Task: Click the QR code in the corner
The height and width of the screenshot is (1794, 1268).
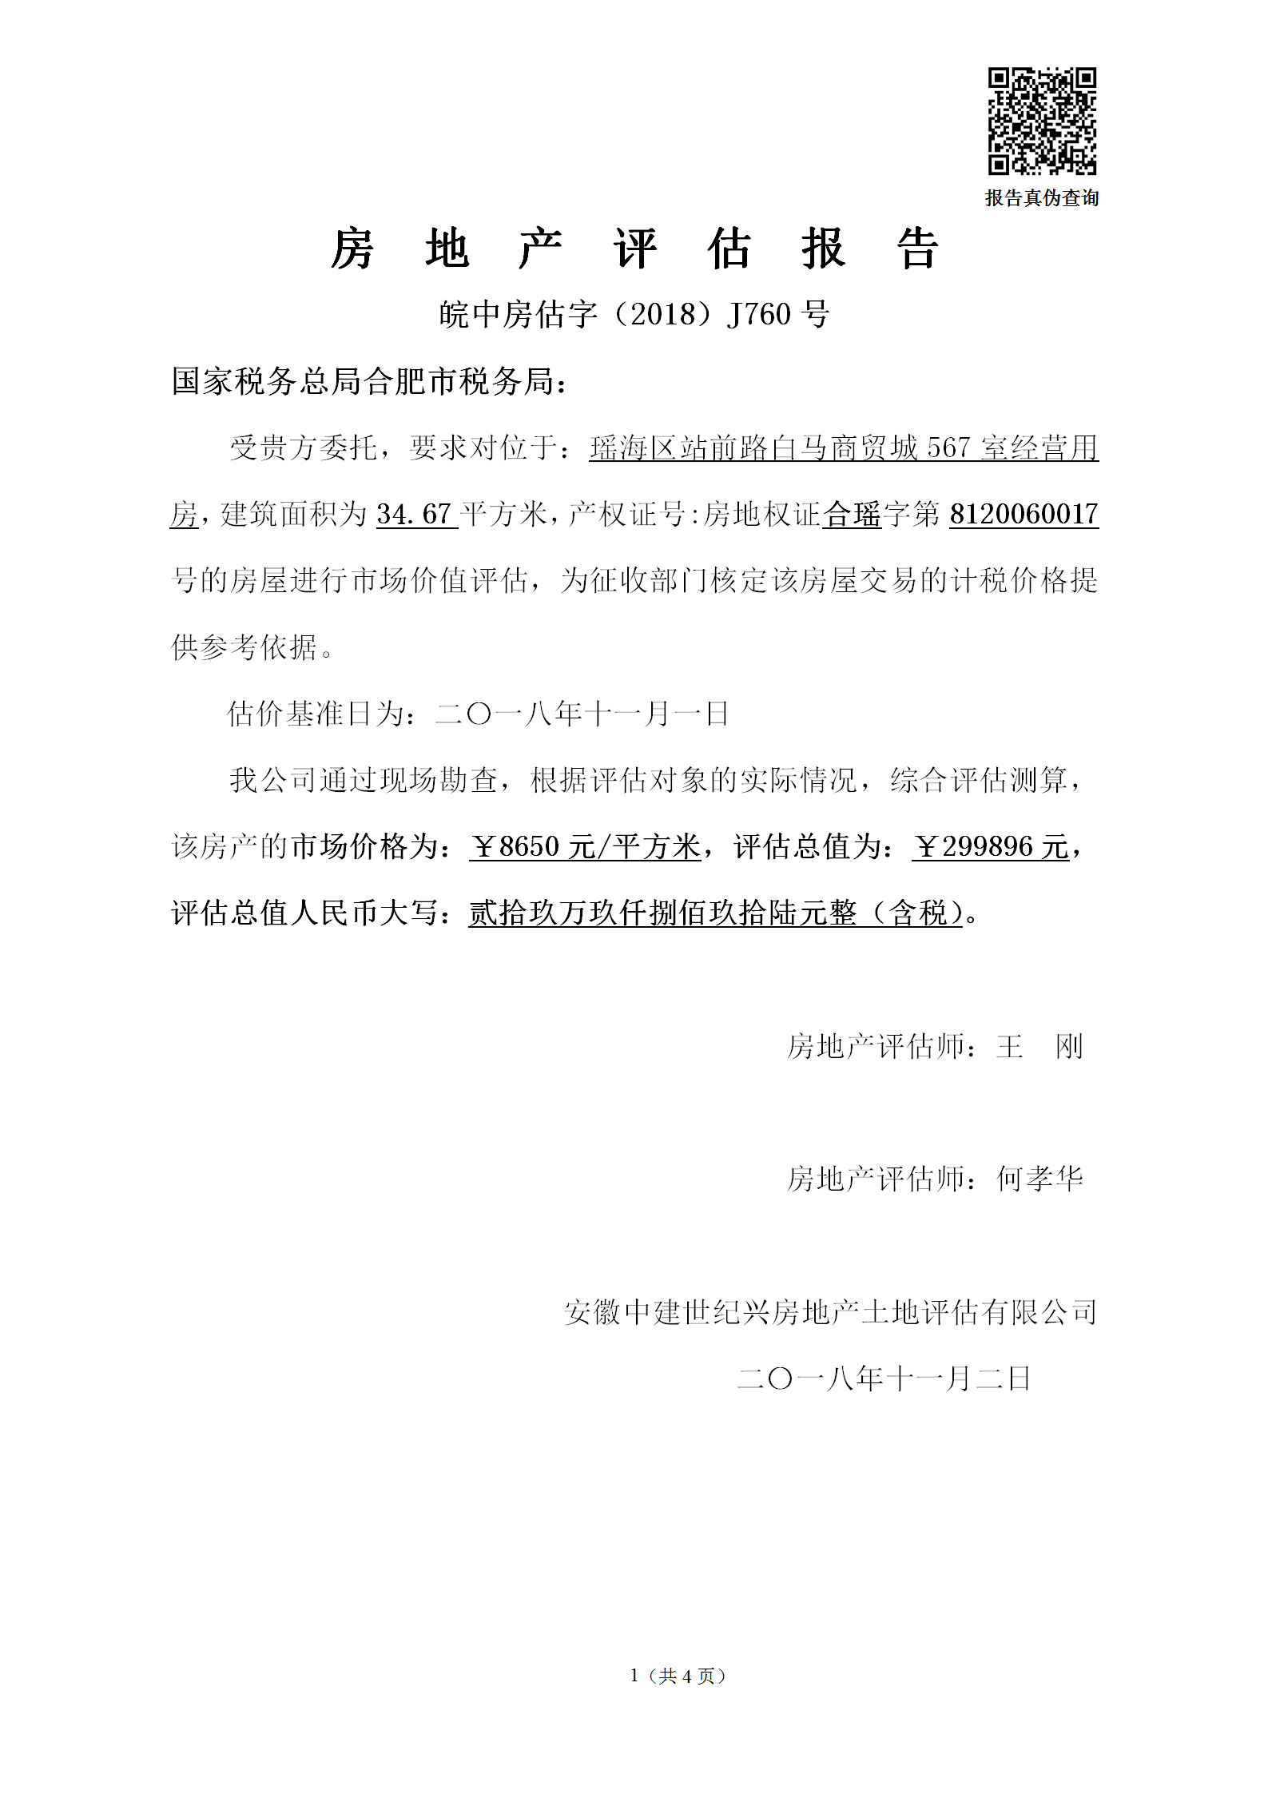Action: coord(1042,121)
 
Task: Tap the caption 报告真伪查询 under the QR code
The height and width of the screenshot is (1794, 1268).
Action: coord(1042,198)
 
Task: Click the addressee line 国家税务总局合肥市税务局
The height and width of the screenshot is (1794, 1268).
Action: coord(370,382)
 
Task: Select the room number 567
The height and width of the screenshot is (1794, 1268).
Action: coord(948,448)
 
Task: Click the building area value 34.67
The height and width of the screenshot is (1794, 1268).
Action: coord(415,514)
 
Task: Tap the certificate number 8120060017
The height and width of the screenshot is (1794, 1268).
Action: coord(1024,514)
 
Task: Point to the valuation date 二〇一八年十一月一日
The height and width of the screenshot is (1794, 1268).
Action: coord(581,714)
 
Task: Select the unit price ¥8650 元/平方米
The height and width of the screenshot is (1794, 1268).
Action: coord(585,846)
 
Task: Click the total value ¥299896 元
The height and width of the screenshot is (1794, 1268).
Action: coord(990,846)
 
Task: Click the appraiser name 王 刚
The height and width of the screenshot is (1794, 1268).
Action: coord(1039,1046)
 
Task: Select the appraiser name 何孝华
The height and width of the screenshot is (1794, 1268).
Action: coord(1039,1179)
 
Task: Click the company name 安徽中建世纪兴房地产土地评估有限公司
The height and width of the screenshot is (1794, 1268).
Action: coord(830,1312)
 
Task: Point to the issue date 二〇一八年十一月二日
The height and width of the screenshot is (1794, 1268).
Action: coord(884,1378)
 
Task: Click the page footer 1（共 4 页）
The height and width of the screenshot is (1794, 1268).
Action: coord(678,1676)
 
